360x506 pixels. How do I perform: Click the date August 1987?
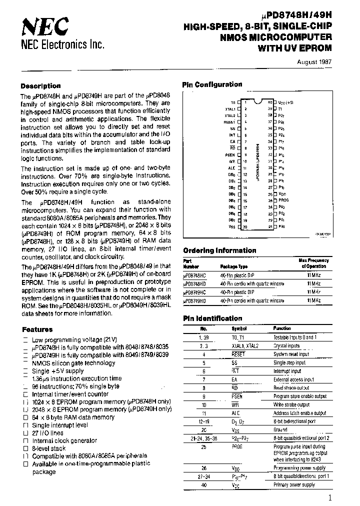coord(314,62)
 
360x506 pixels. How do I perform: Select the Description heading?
coord(40,85)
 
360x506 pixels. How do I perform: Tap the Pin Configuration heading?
coord(212,84)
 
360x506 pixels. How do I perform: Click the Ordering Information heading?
coord(219,250)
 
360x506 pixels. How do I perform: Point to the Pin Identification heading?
coord(212,318)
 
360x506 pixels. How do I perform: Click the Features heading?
coord(37,329)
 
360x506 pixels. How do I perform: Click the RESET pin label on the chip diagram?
coord(229,121)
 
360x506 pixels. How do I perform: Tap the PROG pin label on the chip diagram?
coord(283,200)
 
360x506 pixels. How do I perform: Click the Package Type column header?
coord(235,267)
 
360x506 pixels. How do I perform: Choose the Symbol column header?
coord(239,328)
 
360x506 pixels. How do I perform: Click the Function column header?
coord(282,328)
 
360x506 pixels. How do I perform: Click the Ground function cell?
coord(280,429)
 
